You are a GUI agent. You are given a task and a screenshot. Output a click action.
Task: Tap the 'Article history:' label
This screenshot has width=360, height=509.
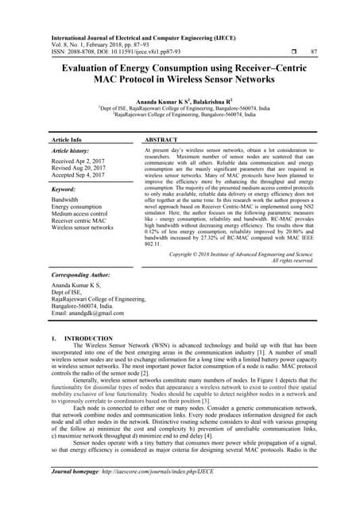(x=71, y=150)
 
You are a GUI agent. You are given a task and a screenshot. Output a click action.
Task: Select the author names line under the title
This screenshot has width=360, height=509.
(x=179, y=102)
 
